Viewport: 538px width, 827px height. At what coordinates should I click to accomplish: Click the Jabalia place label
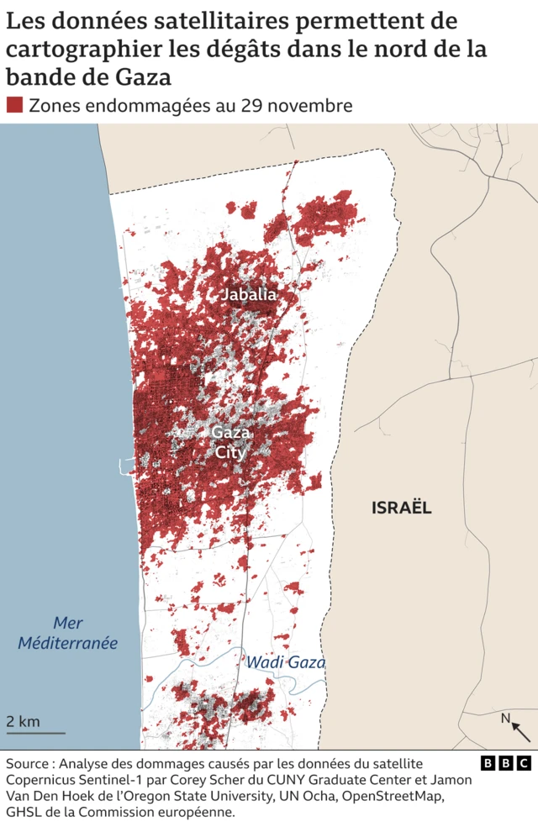coord(248,295)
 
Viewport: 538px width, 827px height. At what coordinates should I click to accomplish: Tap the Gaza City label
coord(229,442)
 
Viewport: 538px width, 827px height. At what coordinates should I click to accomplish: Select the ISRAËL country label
coord(401,508)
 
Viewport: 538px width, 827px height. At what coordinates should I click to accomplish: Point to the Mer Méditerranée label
coord(80,633)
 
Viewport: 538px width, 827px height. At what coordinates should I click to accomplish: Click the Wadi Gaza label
coord(285,662)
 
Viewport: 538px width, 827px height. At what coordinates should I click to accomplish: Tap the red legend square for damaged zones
coord(14,105)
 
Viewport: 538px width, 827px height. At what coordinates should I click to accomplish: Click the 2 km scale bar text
coord(24,721)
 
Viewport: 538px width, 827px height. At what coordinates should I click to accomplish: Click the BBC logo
coord(506,763)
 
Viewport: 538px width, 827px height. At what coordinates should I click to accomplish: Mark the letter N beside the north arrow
coord(505,718)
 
